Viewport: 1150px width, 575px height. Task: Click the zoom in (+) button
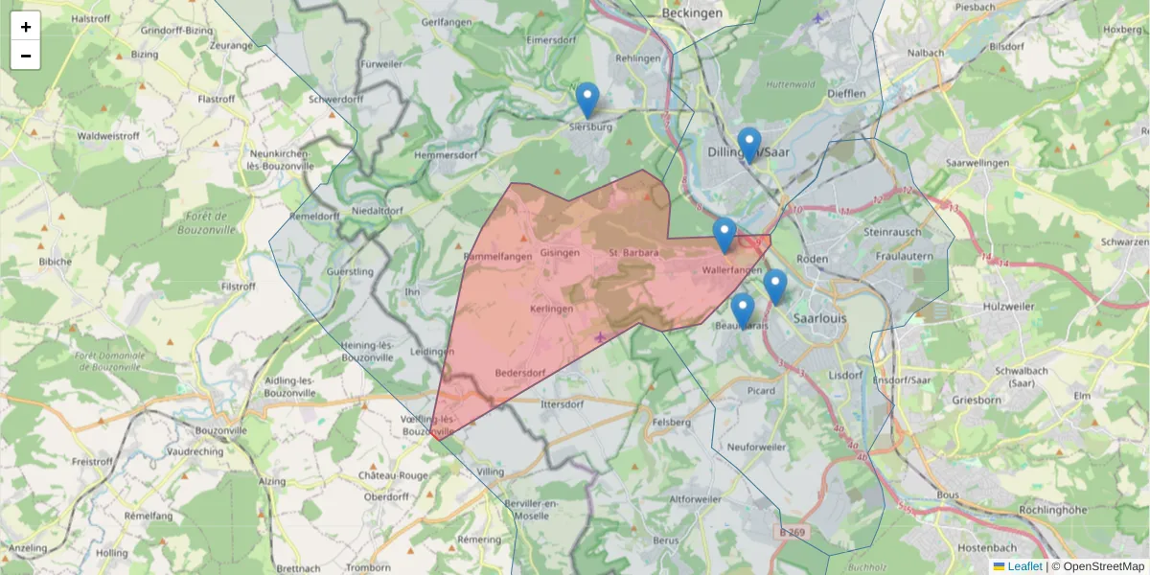click(x=26, y=27)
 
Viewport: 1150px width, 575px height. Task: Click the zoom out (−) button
click(x=26, y=56)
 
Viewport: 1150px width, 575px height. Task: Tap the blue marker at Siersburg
click(x=587, y=101)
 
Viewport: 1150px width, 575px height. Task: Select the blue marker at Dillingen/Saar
click(x=749, y=145)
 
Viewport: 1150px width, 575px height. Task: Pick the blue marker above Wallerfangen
click(x=724, y=235)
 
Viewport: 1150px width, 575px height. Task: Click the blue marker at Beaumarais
click(x=743, y=310)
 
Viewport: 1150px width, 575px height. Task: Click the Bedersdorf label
click(x=520, y=373)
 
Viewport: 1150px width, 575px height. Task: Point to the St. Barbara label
click(x=633, y=253)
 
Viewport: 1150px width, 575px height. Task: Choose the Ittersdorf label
click(x=563, y=404)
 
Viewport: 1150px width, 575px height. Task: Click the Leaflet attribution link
click(x=1024, y=566)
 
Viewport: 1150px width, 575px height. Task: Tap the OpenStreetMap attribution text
click(x=1103, y=566)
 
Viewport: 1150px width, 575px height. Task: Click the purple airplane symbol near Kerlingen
click(x=601, y=337)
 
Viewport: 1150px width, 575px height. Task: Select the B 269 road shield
click(x=793, y=532)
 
